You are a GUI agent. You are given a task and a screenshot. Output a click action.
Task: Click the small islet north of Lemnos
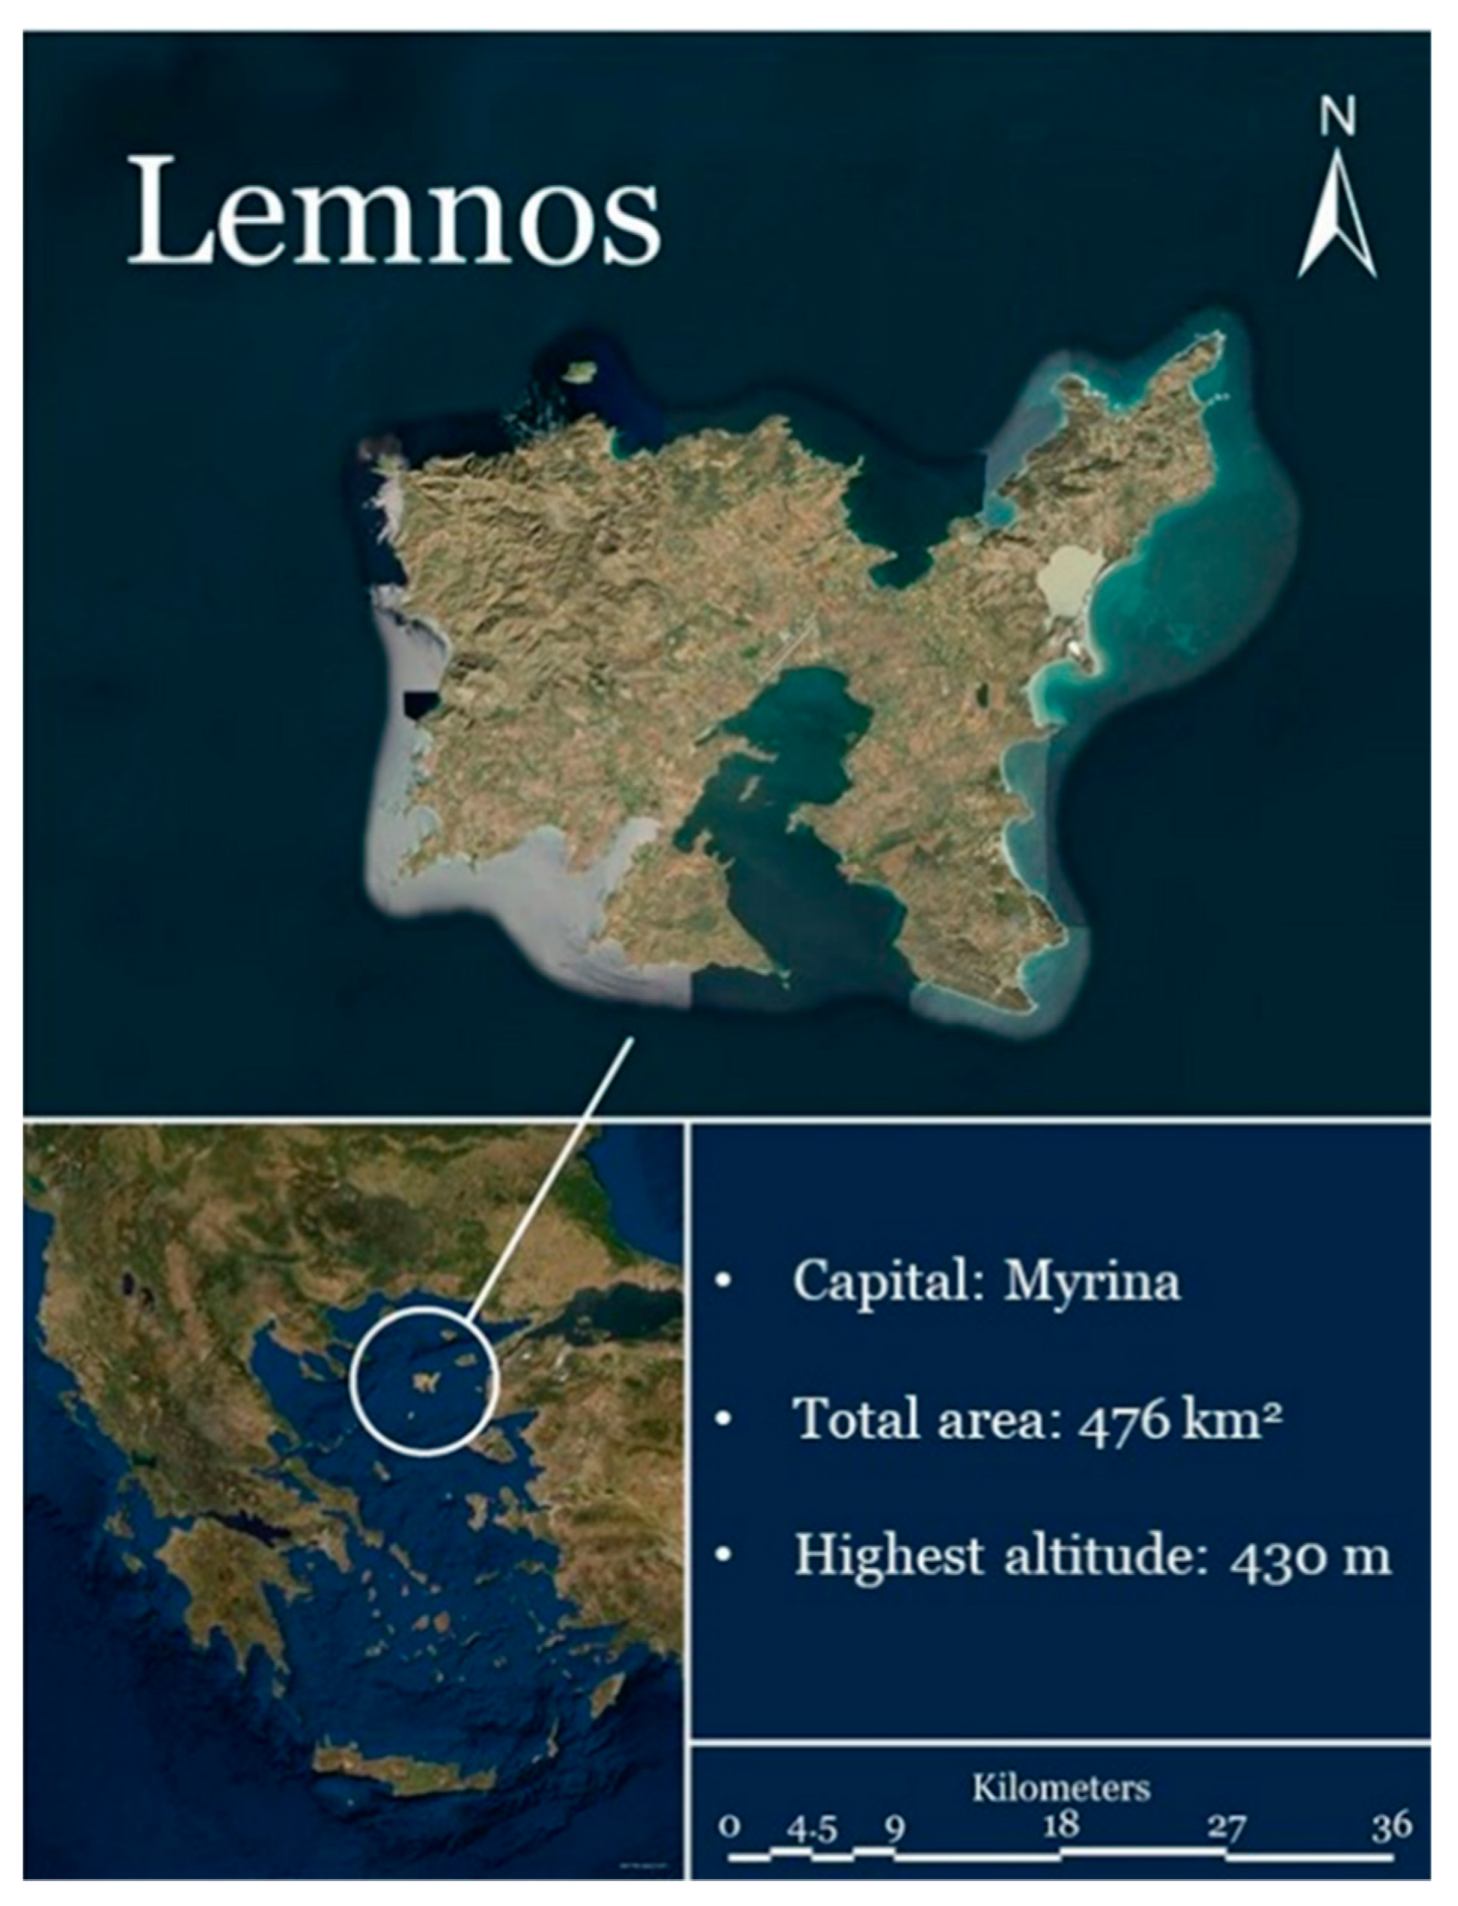pos(575,372)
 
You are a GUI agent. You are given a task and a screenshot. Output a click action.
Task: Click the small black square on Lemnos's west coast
pos(419,704)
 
